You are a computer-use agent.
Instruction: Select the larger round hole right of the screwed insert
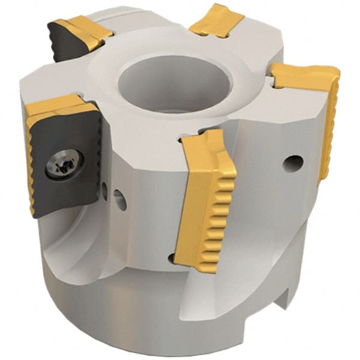click(x=119, y=200)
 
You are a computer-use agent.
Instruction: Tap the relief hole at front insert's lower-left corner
click(x=172, y=259)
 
